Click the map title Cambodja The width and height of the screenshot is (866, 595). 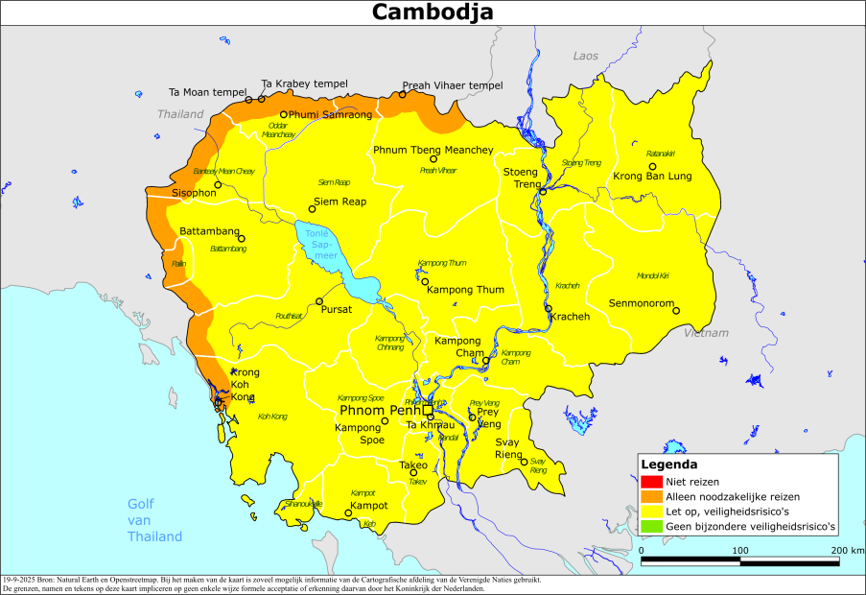click(x=433, y=12)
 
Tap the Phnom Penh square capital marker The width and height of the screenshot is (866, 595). click(x=429, y=410)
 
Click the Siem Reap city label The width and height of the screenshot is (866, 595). click(x=339, y=202)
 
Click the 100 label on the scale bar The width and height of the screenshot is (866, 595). click(x=740, y=550)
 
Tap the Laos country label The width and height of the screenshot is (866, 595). click(x=585, y=57)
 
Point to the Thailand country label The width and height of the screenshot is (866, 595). click(x=181, y=114)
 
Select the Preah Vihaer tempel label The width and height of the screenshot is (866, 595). click(x=452, y=85)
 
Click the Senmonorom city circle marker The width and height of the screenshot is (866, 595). click(x=675, y=310)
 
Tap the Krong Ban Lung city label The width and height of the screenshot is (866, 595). click(x=651, y=178)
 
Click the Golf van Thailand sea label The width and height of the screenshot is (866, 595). click(x=154, y=520)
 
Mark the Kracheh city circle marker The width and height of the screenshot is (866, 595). click(x=549, y=309)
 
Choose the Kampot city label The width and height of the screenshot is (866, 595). click(x=369, y=505)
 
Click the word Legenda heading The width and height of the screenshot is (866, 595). click(x=668, y=464)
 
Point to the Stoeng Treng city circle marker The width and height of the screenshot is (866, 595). click(x=543, y=191)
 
